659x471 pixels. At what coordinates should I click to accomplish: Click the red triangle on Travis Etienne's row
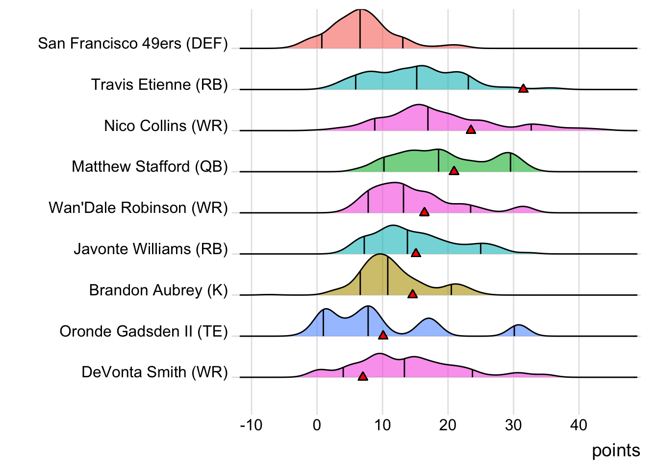pyautogui.click(x=523, y=89)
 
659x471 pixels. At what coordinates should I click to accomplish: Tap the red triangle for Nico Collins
pyautogui.click(x=471, y=130)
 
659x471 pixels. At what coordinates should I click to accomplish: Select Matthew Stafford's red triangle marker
pyautogui.click(x=454, y=171)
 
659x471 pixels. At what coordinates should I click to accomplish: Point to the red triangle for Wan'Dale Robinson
pyautogui.click(x=424, y=212)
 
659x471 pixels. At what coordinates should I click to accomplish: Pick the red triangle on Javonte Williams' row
pyautogui.click(x=416, y=253)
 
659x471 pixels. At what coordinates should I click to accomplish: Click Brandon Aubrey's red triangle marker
pyautogui.click(x=412, y=294)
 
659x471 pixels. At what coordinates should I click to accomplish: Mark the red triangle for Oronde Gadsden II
pyautogui.click(x=383, y=335)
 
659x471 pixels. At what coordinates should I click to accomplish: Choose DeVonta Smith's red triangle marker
pyautogui.click(x=362, y=376)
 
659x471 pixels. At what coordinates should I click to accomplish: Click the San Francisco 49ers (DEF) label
pyautogui.click(x=133, y=43)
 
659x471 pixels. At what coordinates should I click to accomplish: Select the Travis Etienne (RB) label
pyautogui.click(x=159, y=84)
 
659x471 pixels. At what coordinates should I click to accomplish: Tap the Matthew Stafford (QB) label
pyautogui.click(x=150, y=167)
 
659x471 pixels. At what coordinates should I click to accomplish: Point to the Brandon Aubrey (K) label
pyautogui.click(x=158, y=290)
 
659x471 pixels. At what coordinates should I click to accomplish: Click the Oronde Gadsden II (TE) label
pyautogui.click(x=144, y=331)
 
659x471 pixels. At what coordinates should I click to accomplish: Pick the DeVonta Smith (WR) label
pyautogui.click(x=154, y=372)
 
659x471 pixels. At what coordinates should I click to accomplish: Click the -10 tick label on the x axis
pyautogui.click(x=252, y=425)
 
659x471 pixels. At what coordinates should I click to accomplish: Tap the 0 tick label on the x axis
pyautogui.click(x=317, y=425)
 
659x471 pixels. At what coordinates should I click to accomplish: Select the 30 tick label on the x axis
pyautogui.click(x=513, y=425)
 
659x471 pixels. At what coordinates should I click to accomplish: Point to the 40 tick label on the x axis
pyautogui.click(x=579, y=425)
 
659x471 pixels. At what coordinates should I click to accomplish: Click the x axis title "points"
pyautogui.click(x=616, y=450)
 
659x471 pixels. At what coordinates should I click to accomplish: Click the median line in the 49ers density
pyautogui.click(x=360, y=29)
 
